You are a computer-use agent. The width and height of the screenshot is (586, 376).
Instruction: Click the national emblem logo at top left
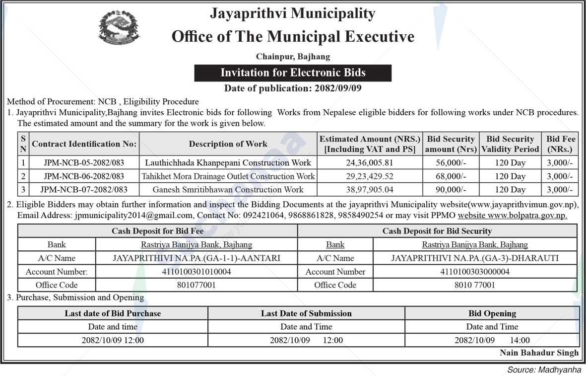click(x=119, y=28)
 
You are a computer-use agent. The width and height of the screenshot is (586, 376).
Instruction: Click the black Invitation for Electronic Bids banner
click(x=293, y=73)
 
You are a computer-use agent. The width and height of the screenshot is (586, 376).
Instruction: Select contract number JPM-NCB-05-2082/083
click(x=84, y=162)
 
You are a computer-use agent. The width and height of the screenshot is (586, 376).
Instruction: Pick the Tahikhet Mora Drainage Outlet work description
click(x=228, y=176)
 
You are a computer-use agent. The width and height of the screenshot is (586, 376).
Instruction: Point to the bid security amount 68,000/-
click(x=451, y=176)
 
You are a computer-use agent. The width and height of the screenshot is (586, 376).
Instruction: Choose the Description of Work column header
click(x=228, y=144)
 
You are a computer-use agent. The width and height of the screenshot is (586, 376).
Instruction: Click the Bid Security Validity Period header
click(x=510, y=144)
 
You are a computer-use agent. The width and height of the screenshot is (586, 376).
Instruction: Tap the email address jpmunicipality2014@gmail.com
click(x=133, y=216)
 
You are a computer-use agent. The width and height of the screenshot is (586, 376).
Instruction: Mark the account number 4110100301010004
click(x=196, y=272)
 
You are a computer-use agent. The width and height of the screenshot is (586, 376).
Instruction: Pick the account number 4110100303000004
click(x=474, y=272)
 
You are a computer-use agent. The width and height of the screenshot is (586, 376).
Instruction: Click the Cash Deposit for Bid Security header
click(x=437, y=231)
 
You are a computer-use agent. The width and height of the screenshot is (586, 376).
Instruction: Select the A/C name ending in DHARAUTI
click(x=474, y=258)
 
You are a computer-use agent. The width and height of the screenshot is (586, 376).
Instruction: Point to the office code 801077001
click(x=196, y=285)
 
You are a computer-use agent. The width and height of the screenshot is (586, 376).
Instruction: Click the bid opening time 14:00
click(x=520, y=340)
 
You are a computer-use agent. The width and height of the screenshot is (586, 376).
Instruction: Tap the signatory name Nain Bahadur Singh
click(x=539, y=353)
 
